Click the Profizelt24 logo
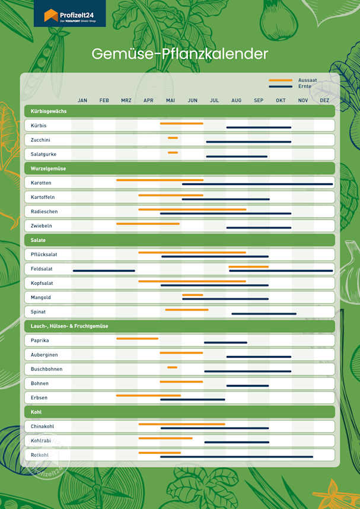coord(69,14)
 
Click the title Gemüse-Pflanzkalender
coord(180,54)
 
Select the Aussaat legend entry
coord(307,79)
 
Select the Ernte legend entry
coord(305,87)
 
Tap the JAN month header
coord(82,100)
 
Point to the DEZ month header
coord(324,100)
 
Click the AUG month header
coord(236,100)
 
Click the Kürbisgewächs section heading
coord(49,112)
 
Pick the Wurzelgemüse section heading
coord(48,168)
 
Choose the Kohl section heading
coord(36,412)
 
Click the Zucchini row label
coord(40,140)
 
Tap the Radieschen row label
coord(44,211)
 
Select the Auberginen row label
coord(44,355)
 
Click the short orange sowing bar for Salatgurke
coord(173,152)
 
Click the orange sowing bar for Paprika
coord(137,338)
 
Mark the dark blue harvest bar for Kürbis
coord(259,128)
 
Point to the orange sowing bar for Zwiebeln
coord(148,224)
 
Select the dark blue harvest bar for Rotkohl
coord(237,457)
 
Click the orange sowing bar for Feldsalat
coord(249,267)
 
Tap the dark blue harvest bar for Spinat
coord(264,313)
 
